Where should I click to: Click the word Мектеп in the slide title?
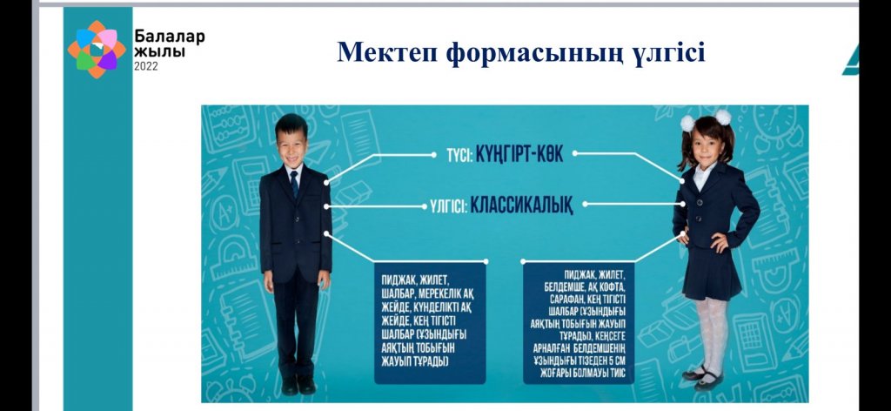386,52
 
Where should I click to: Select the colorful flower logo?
97,50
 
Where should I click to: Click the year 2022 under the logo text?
146,66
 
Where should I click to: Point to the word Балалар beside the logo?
170,37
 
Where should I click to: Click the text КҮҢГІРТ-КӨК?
519,155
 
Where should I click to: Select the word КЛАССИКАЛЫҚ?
521,205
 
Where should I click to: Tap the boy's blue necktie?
294,183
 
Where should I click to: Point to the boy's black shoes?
298,385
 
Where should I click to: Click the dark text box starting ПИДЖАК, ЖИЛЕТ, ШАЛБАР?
430,323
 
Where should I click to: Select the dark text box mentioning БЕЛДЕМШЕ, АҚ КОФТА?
579,323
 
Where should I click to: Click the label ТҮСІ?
459,156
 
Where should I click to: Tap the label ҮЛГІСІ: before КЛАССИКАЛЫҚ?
448,206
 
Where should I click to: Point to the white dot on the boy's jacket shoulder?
327,182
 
